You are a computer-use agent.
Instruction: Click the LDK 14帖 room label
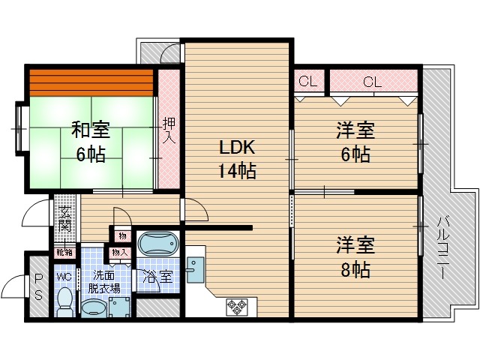coord(238,158)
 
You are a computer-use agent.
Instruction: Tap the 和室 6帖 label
coord(90,141)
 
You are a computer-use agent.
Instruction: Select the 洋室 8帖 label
coord(354,256)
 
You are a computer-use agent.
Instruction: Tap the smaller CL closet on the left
coord(307,82)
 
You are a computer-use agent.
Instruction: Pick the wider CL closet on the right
coord(373,82)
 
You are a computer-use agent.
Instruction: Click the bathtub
coord(158,244)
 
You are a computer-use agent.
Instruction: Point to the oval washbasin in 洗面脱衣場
coord(94,307)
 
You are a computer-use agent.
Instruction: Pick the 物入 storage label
coord(118,253)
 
